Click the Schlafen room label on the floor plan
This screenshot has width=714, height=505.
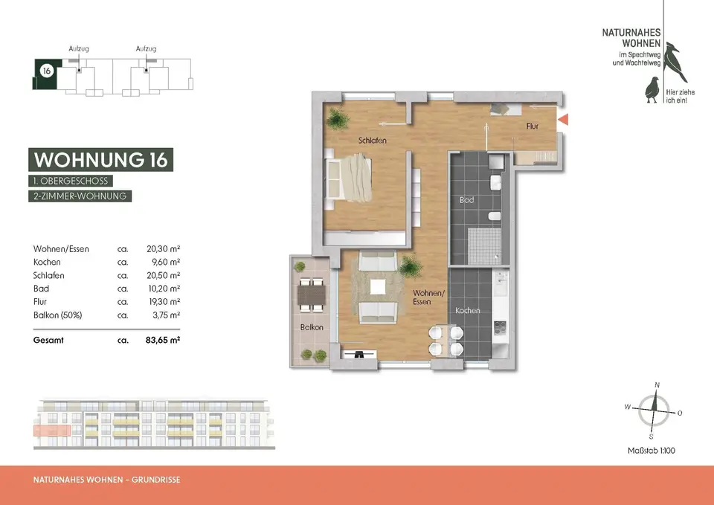372,141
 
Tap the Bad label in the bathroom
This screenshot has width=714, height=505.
467,200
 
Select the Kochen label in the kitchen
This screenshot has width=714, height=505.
468,311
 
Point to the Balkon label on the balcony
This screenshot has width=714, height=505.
312,327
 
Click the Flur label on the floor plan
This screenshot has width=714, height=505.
533,126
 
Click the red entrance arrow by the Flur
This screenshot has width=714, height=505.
563,120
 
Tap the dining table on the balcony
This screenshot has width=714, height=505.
312,295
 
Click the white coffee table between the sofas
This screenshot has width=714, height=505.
378,287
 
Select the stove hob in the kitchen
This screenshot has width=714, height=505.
501,328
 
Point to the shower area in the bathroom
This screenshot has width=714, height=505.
484,246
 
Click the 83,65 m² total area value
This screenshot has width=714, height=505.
163,340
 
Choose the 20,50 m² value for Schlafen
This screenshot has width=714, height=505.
164,275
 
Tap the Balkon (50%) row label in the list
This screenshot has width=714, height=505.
57,315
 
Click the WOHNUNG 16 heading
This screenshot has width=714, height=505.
100,160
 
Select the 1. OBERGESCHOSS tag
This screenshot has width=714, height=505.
71,181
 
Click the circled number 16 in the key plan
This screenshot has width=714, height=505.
46,71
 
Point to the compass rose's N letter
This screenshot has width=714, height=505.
657,385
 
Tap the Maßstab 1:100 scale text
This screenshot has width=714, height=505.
652,451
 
